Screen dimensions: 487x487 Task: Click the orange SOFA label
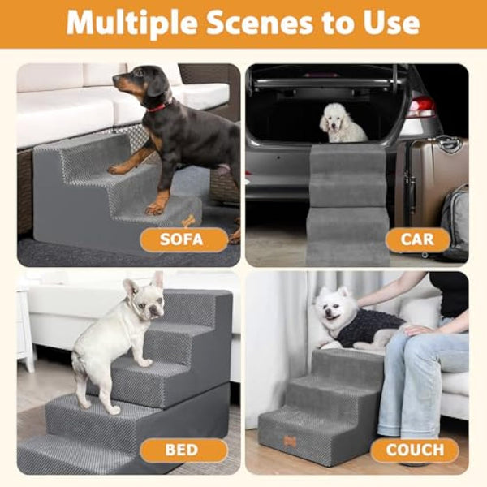pos(183,239)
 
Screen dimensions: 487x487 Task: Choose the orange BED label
pos(183,450)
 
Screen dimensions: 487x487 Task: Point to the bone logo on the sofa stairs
pos(189,219)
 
